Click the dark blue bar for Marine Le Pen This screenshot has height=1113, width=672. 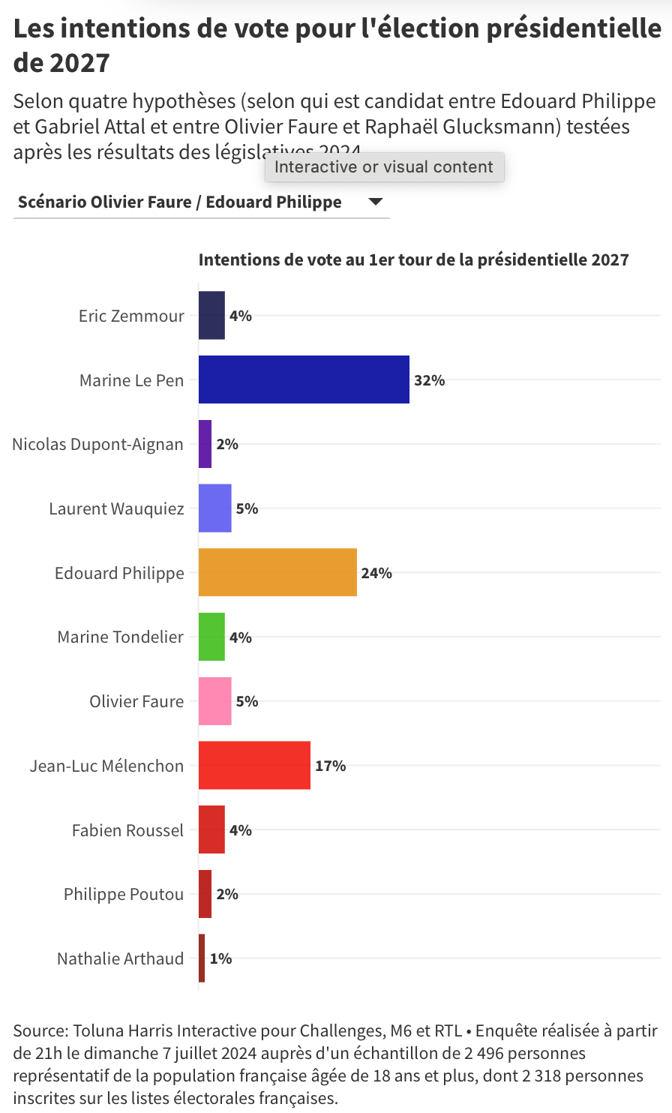coord(304,379)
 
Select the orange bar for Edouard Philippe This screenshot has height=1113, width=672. coord(277,573)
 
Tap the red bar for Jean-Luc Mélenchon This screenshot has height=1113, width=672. coord(254,766)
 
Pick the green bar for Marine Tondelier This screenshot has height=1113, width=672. coord(211,637)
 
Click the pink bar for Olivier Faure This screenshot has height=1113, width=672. coord(214,701)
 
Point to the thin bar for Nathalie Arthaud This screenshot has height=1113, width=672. coord(202,958)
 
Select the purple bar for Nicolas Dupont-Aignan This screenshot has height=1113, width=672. coord(205,444)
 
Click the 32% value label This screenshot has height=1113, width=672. coord(430,380)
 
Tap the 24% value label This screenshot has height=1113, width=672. coord(376,573)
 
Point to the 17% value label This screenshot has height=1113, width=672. coord(331,766)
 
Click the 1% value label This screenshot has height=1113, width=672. coord(220,958)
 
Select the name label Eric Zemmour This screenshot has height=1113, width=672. coord(131,316)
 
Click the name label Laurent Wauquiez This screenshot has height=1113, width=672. coord(116,508)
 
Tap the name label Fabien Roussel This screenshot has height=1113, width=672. coord(127,830)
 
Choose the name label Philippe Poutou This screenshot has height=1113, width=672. coord(124,894)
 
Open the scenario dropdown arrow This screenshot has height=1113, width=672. coord(376,202)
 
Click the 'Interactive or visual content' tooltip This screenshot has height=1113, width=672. coord(384,166)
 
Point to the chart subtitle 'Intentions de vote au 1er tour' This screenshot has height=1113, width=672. coord(413,259)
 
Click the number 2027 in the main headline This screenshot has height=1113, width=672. coord(79,63)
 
